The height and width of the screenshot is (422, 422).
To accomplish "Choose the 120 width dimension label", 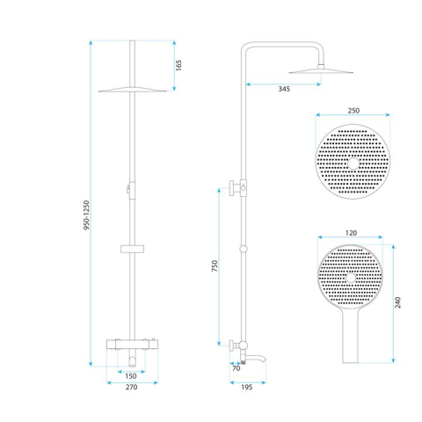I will click(350, 235).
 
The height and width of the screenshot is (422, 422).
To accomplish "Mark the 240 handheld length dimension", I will click(397, 302).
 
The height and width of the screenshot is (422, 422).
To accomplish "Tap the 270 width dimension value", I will click(130, 385).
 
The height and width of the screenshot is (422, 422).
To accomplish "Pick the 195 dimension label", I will click(249, 385).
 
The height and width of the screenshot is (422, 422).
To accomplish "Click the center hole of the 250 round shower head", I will click(353, 164).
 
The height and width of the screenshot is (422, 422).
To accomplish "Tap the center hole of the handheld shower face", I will click(350, 280).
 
